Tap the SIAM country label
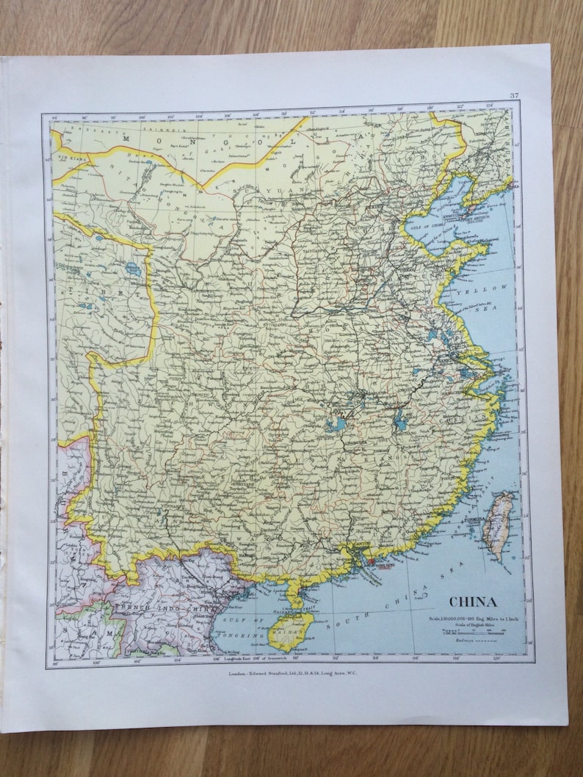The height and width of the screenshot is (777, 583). pos(84,630)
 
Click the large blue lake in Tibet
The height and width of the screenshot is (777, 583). pos(133,269)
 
